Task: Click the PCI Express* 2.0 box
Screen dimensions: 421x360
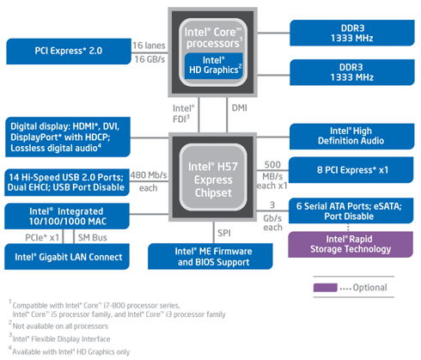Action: (69, 52)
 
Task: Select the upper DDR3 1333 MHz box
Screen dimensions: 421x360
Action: (352, 33)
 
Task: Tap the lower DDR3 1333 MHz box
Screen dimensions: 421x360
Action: (352, 72)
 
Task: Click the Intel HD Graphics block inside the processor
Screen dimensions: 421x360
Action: (214, 65)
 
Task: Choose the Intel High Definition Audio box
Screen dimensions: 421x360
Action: (351, 137)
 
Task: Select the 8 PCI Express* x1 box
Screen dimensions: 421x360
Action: (351, 170)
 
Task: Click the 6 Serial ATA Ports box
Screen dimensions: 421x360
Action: (351, 211)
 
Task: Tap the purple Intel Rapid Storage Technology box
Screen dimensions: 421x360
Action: (351, 244)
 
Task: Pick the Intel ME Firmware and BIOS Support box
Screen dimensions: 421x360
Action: (210, 256)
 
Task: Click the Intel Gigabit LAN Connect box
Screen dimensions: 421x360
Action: (67, 257)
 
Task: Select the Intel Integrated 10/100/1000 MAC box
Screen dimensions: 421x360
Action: (67, 217)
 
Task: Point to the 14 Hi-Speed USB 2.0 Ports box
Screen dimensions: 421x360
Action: (67, 182)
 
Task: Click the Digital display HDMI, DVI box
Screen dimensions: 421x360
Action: (68, 137)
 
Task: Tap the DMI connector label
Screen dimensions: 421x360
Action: (240, 108)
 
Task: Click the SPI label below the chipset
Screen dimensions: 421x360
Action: (224, 233)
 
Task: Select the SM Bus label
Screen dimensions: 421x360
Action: (93, 237)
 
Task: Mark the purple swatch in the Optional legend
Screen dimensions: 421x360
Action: (325, 288)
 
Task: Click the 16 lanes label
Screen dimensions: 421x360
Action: (149, 46)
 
